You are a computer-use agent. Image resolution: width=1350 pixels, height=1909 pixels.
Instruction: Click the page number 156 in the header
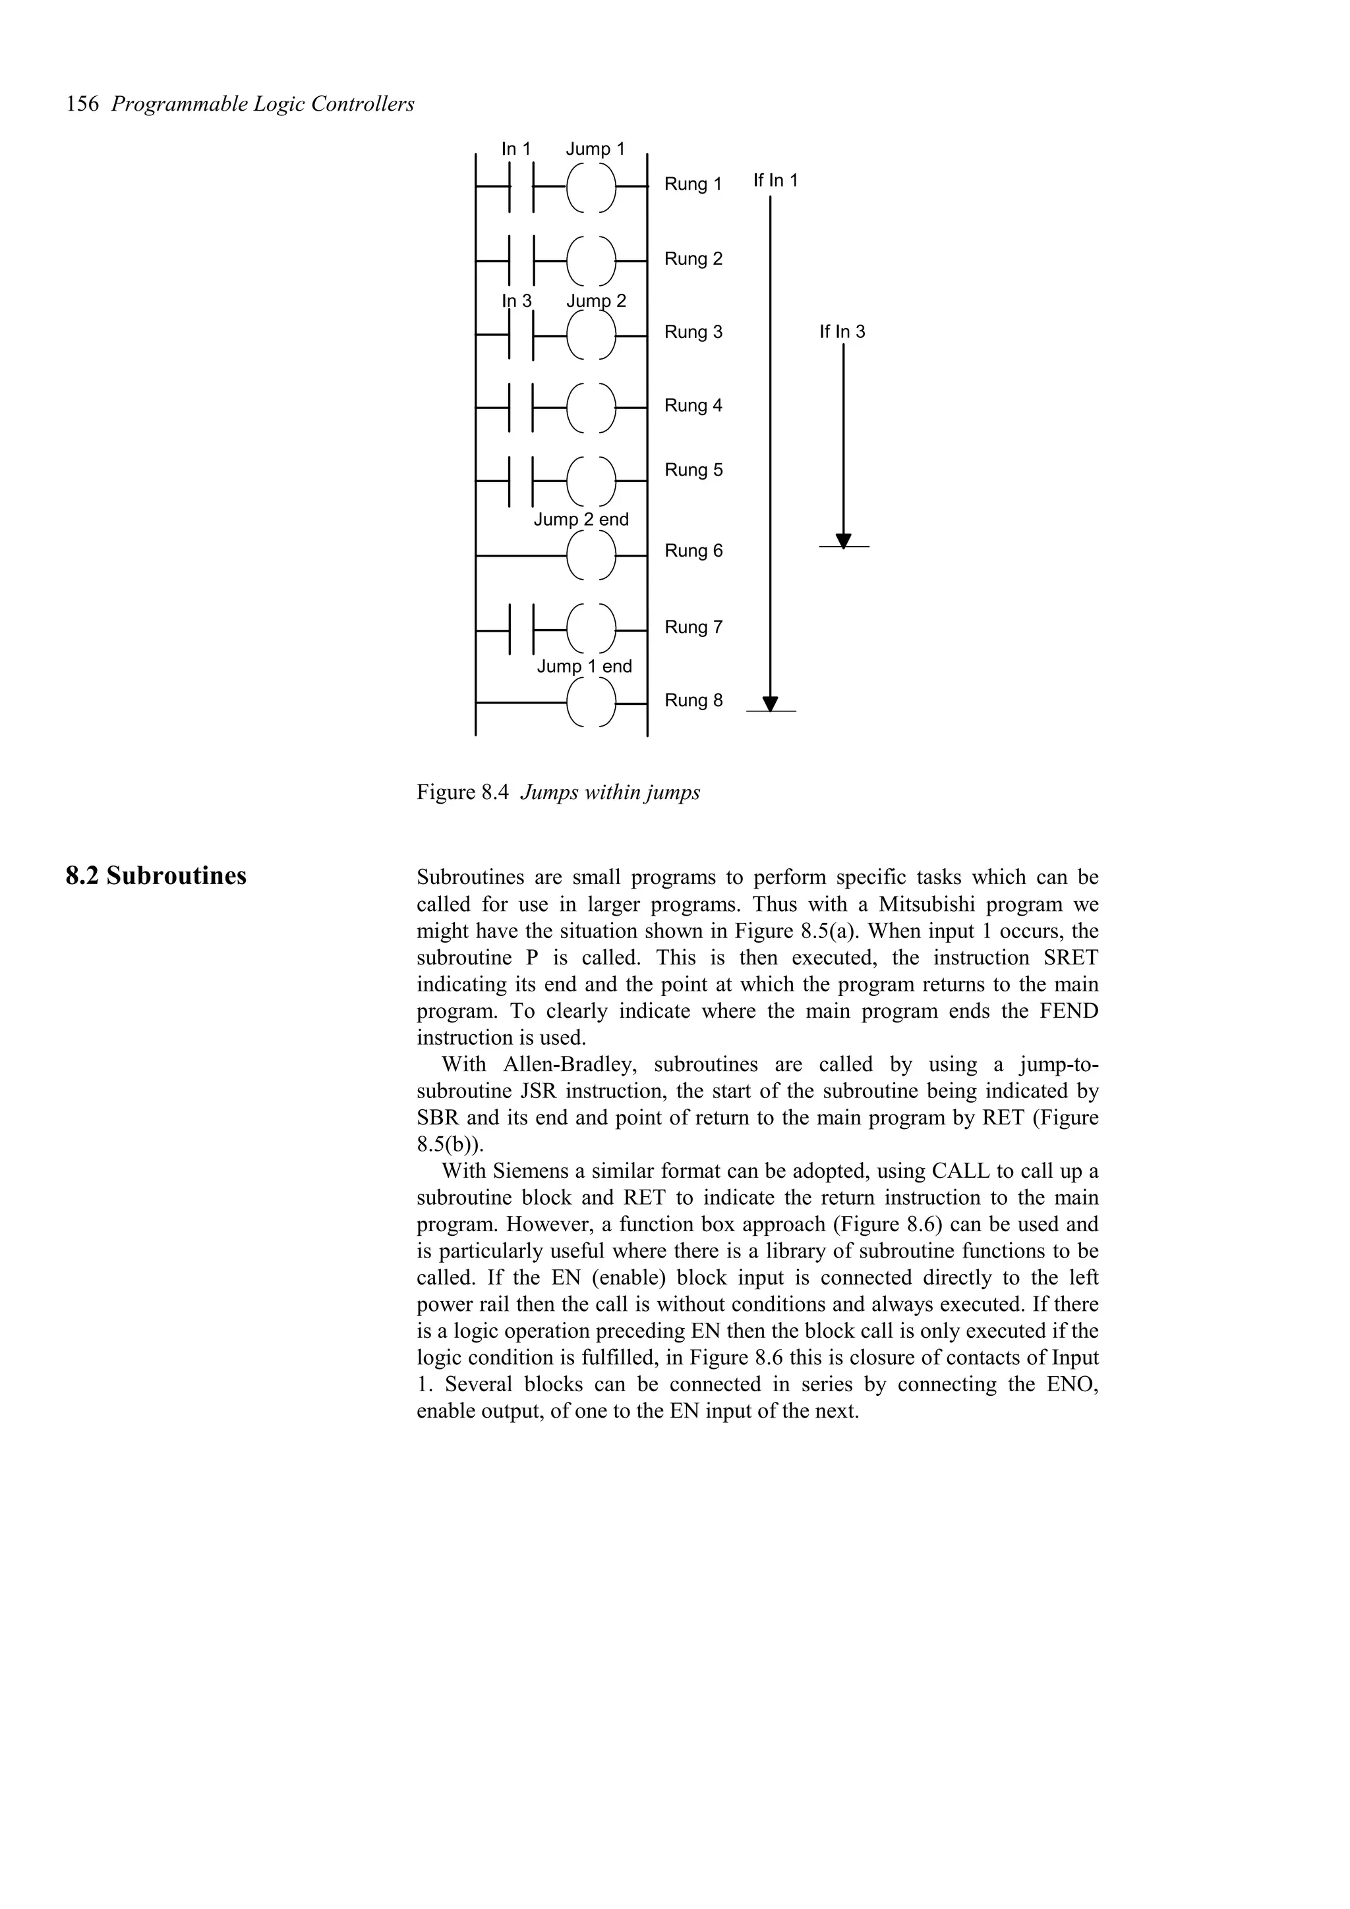point(82,105)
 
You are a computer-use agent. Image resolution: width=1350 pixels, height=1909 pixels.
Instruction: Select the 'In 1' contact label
point(515,149)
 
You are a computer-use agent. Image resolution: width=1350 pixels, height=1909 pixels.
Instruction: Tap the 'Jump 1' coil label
point(595,149)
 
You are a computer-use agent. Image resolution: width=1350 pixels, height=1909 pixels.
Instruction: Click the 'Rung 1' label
point(693,184)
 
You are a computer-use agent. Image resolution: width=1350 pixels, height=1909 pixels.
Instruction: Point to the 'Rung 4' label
point(693,406)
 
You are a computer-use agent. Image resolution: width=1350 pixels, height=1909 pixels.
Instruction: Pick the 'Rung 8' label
point(693,701)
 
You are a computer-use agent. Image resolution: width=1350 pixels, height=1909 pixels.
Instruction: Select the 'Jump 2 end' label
point(581,520)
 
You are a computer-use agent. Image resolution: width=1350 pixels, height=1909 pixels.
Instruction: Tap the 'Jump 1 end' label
point(584,667)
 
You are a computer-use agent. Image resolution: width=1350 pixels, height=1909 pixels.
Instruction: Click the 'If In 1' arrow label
point(775,180)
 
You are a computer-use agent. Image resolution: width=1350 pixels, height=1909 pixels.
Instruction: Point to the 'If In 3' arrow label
point(842,332)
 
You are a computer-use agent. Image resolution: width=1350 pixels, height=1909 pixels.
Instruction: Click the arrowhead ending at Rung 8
point(770,704)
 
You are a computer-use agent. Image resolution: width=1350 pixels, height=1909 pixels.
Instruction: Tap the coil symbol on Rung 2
point(591,261)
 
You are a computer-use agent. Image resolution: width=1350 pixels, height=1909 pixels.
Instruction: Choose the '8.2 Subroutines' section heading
point(156,876)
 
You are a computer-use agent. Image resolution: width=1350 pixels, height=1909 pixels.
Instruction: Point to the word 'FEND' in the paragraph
point(1068,1011)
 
